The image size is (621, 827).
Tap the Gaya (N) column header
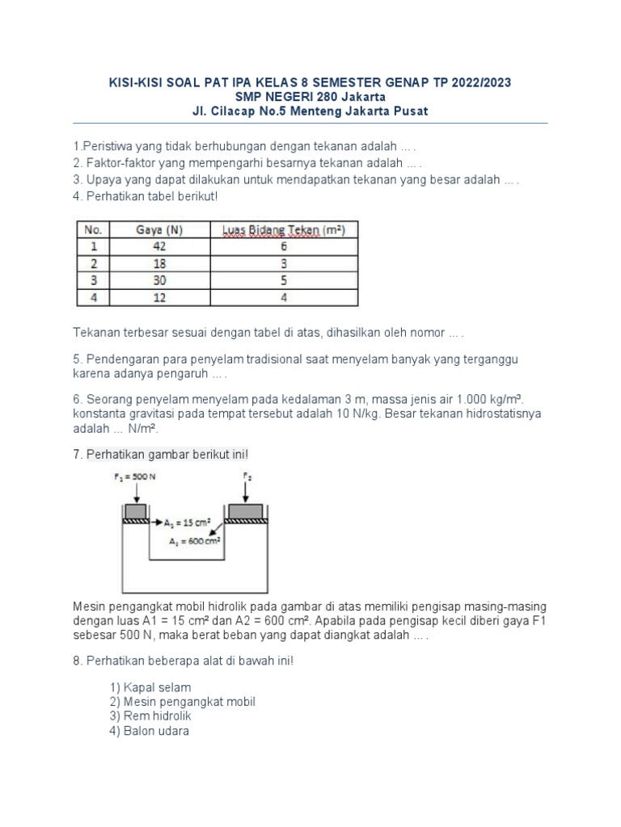coord(158,230)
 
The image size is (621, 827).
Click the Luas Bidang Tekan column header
coord(284,230)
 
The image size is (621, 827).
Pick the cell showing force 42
coord(158,247)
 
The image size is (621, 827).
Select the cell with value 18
coord(158,264)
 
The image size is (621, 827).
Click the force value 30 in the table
coord(158,281)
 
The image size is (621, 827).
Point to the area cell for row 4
coord(284,298)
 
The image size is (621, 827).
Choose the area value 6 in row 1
coord(284,247)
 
